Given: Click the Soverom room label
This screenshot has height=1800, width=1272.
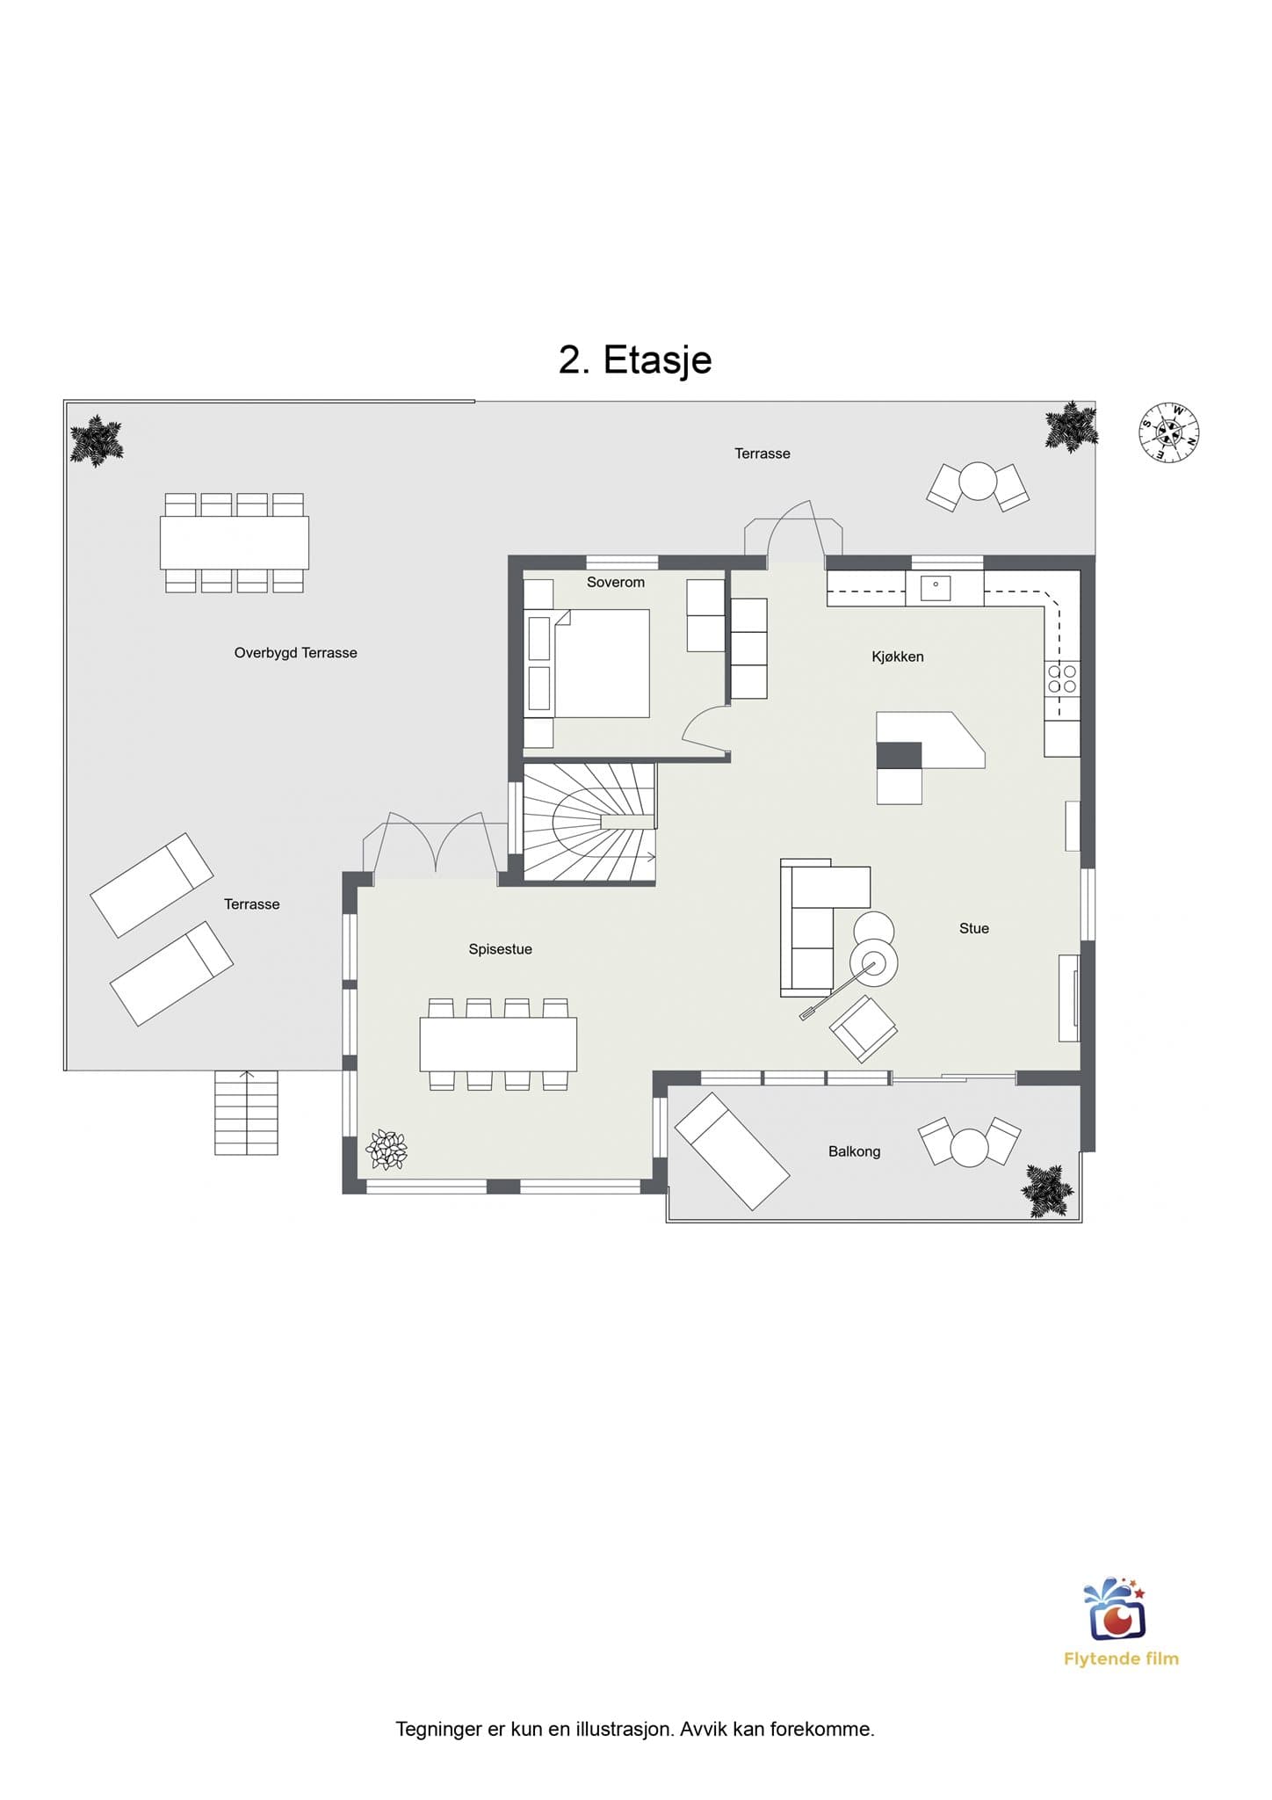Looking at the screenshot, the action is pyautogui.click(x=616, y=582).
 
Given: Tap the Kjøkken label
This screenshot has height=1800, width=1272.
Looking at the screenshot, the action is pyautogui.click(x=898, y=657).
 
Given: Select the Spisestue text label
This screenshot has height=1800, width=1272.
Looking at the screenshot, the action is pyautogui.click(x=500, y=949).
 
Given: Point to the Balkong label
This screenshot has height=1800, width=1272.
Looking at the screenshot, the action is pyautogui.click(x=854, y=1151).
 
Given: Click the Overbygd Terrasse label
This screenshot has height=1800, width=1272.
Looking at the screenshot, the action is pyautogui.click(x=295, y=653).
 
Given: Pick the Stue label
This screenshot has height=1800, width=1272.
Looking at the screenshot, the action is pyautogui.click(x=974, y=928).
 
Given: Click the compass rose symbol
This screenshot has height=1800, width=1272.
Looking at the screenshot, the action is pyautogui.click(x=1169, y=432).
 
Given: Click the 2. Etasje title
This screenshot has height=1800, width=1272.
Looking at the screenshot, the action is pyautogui.click(x=635, y=359).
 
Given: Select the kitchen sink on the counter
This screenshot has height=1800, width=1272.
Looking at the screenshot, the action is pyautogui.click(x=936, y=587).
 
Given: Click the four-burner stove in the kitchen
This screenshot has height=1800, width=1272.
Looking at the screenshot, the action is pyautogui.click(x=1062, y=679).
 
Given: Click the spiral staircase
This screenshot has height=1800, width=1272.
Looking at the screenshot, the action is pyautogui.click(x=589, y=822).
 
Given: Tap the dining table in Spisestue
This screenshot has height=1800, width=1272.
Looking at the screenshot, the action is pyautogui.click(x=498, y=1044).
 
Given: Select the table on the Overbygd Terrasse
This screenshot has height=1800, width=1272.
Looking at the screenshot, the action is pyautogui.click(x=235, y=542).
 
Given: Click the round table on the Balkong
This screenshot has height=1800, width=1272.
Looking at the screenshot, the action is pyautogui.click(x=970, y=1148).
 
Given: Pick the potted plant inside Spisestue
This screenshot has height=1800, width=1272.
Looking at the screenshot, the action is pyautogui.click(x=387, y=1150).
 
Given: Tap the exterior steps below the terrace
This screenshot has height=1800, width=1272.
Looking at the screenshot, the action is pyautogui.click(x=246, y=1113).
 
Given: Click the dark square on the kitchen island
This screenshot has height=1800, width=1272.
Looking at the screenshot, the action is pyautogui.click(x=900, y=755).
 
